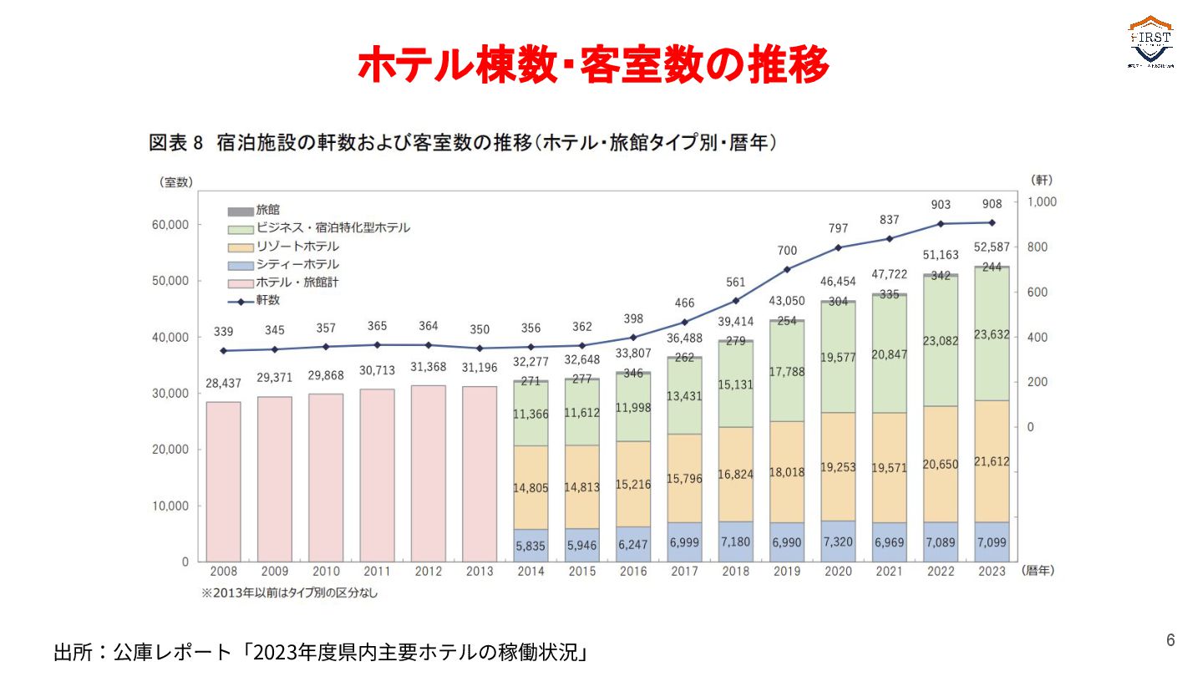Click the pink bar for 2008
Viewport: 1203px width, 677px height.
point(223,481)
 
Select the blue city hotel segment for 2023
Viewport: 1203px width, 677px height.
point(992,542)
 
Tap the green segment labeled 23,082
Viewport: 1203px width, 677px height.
point(941,340)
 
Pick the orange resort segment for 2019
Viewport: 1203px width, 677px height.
point(787,472)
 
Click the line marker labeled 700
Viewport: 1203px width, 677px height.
point(787,269)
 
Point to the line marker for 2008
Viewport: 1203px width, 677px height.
point(223,350)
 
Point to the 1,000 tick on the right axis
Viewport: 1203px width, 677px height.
point(1042,201)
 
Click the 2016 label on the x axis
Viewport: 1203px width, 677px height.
point(633,572)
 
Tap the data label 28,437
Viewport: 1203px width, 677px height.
point(223,383)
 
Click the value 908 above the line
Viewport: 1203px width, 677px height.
point(992,205)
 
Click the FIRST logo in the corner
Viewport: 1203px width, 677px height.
point(1151,42)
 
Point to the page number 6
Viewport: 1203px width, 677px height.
point(1170,640)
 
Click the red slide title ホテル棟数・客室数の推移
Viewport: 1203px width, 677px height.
point(593,64)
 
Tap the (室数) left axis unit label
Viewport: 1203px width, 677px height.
point(176,182)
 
